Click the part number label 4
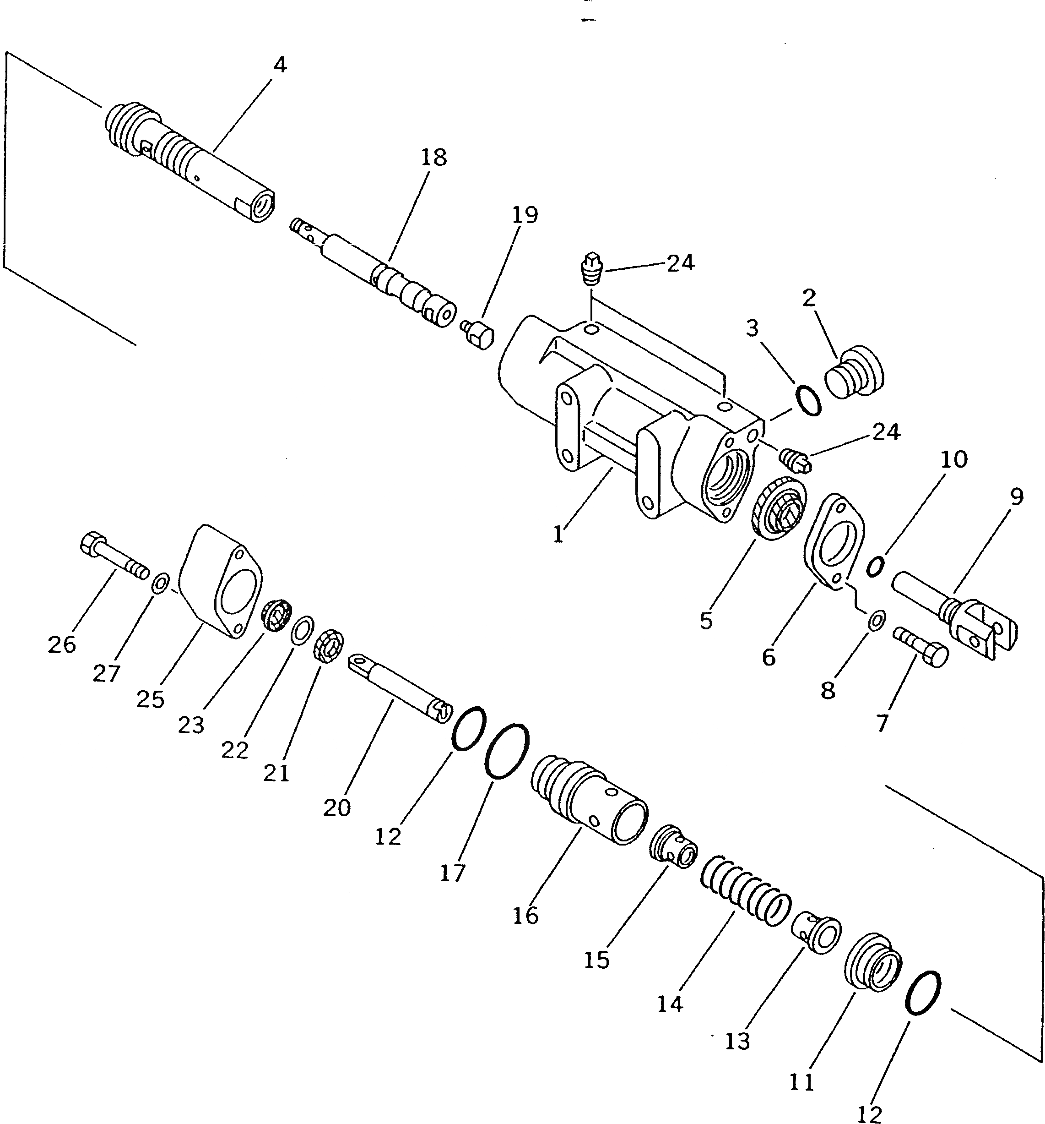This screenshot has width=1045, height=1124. point(279,65)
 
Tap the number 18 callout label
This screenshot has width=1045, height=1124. point(433,157)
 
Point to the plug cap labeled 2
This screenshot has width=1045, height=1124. point(855,372)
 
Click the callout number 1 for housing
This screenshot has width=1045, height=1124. point(558,533)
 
